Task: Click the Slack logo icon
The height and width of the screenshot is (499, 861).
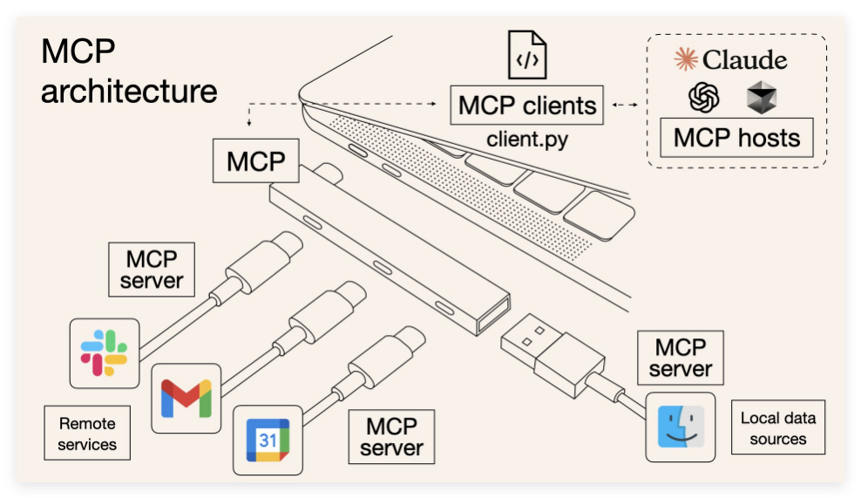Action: tap(105, 352)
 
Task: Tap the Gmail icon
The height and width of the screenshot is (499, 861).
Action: tap(186, 398)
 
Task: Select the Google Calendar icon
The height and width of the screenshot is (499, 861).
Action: tap(268, 440)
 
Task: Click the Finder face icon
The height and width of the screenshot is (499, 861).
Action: tap(680, 427)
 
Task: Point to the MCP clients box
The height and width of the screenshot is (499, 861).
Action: tap(527, 106)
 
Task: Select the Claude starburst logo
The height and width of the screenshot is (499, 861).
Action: tap(687, 59)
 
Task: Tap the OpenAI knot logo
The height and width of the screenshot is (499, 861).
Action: tap(703, 98)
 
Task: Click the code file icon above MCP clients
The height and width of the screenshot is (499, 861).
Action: tap(527, 54)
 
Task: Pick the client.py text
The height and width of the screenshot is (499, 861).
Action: tap(527, 139)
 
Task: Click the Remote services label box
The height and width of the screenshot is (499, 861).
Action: tap(87, 434)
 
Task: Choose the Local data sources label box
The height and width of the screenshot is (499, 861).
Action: tap(777, 428)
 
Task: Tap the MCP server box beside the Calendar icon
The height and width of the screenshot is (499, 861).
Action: tap(391, 437)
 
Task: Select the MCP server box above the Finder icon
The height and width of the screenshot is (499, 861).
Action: tap(681, 358)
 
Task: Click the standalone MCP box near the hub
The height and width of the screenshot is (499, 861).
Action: tap(257, 161)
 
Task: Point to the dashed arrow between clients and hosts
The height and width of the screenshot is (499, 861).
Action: tap(624, 106)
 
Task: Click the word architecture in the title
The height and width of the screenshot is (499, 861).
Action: tap(128, 91)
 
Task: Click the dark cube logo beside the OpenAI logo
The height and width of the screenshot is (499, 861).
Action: tap(761, 98)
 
